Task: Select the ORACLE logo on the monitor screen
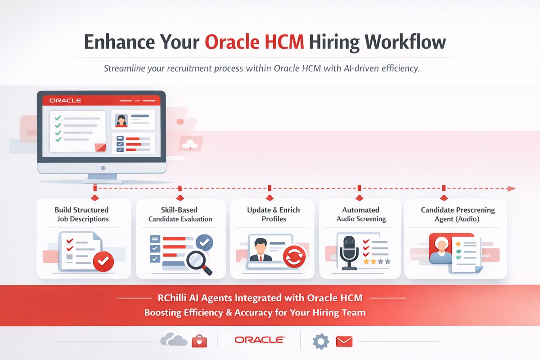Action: pos(65,100)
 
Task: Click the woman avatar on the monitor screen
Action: pos(121,120)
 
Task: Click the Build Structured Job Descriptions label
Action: pos(81,214)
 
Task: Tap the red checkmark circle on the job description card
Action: pos(103,261)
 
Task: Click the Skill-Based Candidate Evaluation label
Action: pos(180,214)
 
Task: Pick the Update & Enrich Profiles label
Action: pos(273,214)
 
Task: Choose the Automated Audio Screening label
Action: pos(361,214)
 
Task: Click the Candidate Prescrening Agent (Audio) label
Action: pos(457,214)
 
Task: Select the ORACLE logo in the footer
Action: pos(259,340)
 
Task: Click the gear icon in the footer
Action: pos(320,342)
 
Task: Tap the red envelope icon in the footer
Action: pos(344,342)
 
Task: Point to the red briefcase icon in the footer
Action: pos(199,342)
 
